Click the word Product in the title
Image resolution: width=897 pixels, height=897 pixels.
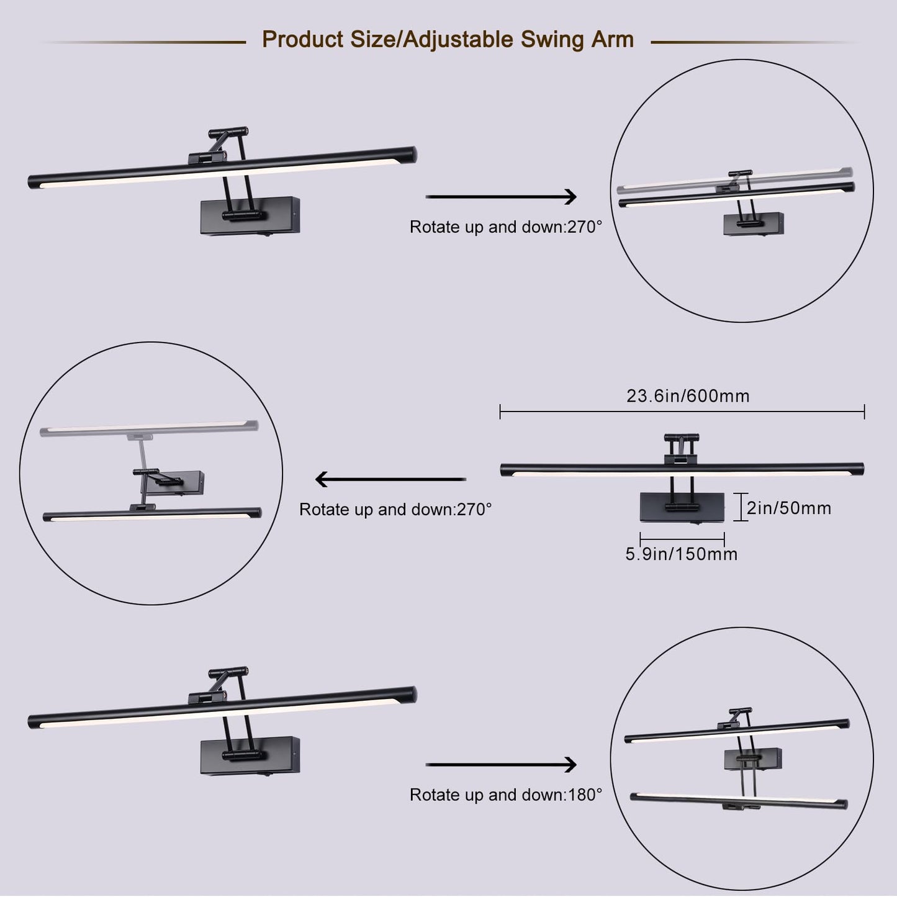tap(302, 39)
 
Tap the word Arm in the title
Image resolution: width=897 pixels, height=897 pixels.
tap(612, 39)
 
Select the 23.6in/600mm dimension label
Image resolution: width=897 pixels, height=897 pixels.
tap(688, 396)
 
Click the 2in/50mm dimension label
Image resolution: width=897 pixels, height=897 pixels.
tap(789, 508)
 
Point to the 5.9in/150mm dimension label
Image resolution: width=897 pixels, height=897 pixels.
tap(682, 554)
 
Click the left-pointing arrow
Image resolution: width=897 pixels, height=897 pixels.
tap(390, 479)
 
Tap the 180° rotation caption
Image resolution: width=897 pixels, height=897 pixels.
tap(506, 795)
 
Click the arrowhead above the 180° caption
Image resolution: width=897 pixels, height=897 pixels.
tap(570, 764)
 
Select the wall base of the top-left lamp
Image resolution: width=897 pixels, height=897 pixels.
tap(250, 215)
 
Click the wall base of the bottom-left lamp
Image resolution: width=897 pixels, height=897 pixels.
tap(250, 755)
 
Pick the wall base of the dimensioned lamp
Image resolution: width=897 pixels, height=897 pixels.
tap(682, 507)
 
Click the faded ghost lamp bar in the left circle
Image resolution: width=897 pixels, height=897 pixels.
tap(149, 428)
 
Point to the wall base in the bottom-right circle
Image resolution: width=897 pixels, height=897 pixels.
tap(753, 759)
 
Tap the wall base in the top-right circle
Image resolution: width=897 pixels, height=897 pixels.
tap(754, 223)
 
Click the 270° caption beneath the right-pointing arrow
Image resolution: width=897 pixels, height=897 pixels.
tap(506, 227)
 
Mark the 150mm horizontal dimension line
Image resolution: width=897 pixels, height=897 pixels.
tap(682, 539)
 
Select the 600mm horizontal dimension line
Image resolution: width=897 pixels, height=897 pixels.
tap(682, 412)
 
